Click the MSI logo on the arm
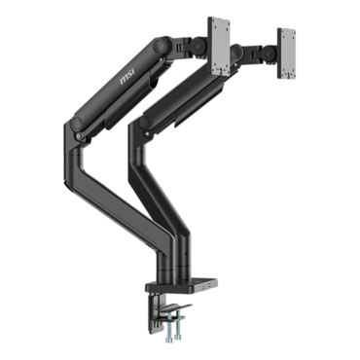point(127,77)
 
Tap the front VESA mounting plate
point(219,48)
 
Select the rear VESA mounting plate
point(286,54)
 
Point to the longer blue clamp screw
point(170,328)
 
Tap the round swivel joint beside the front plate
point(198,45)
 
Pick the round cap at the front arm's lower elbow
point(77,124)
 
